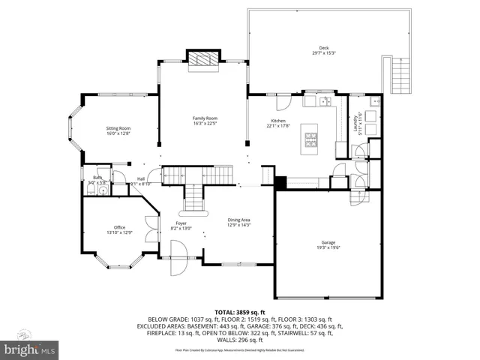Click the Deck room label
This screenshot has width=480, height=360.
pos(313,51)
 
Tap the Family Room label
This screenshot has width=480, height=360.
pos(205,121)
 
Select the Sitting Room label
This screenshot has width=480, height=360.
pos(118,130)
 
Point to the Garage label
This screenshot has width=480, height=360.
pos(328,244)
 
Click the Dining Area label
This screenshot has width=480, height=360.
pos(239,222)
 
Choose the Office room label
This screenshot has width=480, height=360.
pos(118,229)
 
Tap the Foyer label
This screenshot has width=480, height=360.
pos(181,226)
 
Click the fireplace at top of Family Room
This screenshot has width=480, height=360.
pos(203,59)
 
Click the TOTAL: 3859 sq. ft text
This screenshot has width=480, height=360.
pos(239,310)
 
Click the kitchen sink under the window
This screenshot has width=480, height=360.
pos(325,102)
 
